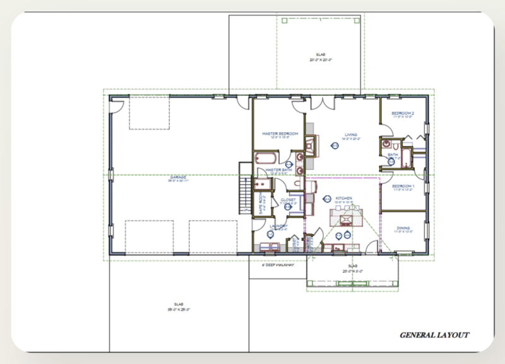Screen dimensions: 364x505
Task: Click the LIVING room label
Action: pyautogui.click(x=352, y=135)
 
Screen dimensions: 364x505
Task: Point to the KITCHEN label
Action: pyautogui.click(x=344, y=198)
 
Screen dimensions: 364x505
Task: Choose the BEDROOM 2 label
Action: pyautogui.click(x=402, y=114)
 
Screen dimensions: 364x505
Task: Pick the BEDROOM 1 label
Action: pyautogui.click(x=402, y=187)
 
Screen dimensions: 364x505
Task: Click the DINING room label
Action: pyautogui.click(x=403, y=229)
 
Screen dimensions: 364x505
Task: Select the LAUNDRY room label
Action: pyautogui.click(x=278, y=227)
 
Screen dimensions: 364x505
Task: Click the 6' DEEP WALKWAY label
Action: pyautogui.click(x=278, y=265)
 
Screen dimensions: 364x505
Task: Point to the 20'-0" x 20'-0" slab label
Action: pyautogui.click(x=321, y=58)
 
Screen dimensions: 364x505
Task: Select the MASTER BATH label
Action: pyautogui.click(x=278, y=170)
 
